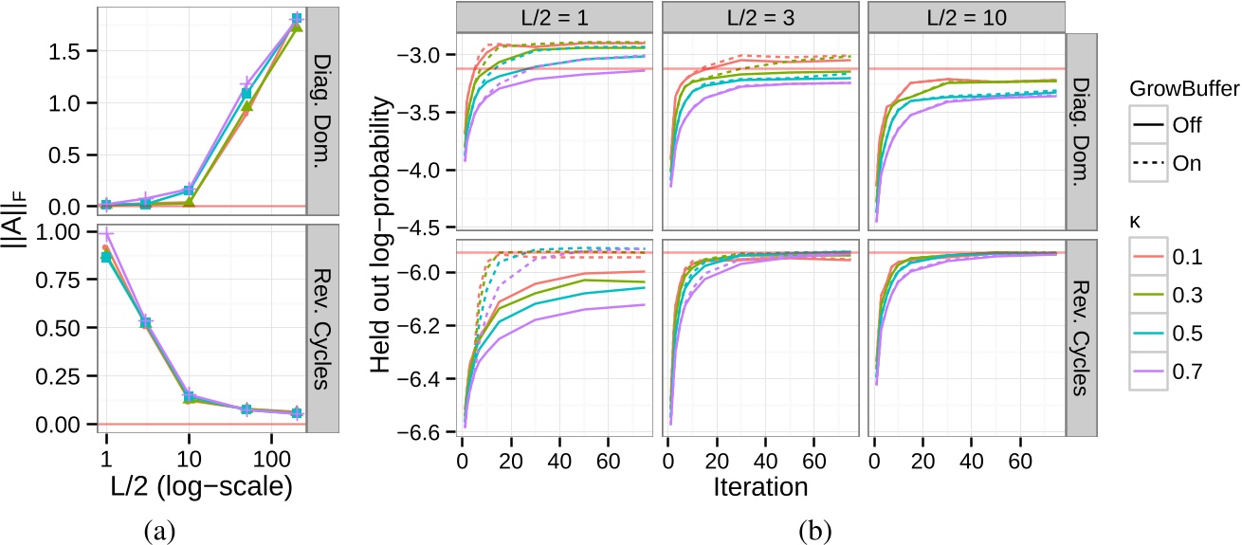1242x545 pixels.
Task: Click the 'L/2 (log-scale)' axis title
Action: pos(196,486)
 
